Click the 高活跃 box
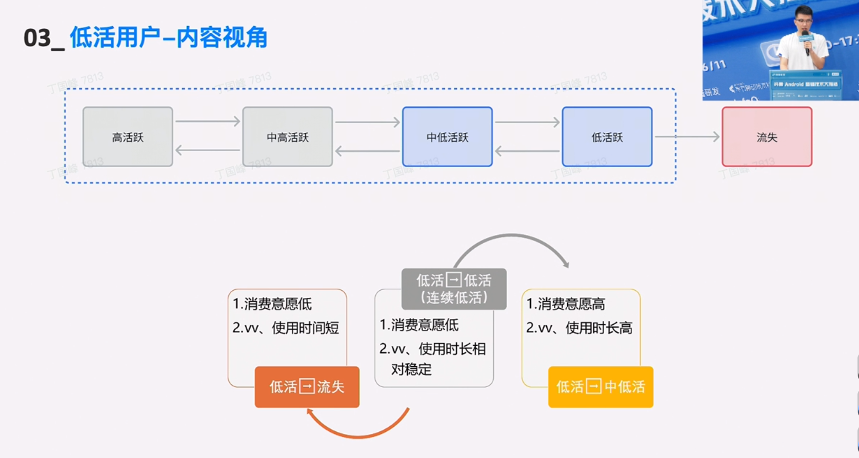[128, 137]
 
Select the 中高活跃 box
[287, 137]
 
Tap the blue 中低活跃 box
[447, 137]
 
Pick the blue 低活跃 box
[607, 137]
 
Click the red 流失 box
[767, 137]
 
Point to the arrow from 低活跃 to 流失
[687, 136]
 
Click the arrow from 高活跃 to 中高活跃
[207, 122]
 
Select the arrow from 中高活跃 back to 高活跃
[207, 151]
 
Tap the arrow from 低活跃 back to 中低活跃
[527, 151]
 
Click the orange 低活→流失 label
[307, 387]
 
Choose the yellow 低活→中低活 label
[601, 387]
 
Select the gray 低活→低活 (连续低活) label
[454, 289]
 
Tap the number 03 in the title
[37, 38]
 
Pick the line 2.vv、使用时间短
[286, 328]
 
